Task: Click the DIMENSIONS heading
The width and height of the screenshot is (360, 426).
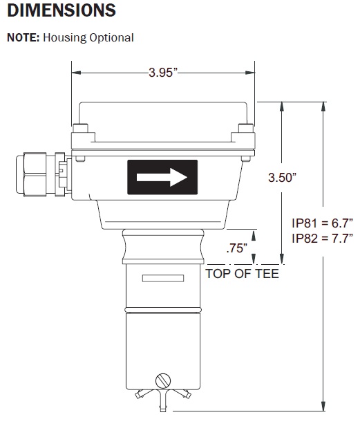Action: click(61, 10)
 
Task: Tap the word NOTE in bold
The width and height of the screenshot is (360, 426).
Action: click(23, 37)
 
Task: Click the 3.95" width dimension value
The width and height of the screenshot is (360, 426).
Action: click(162, 73)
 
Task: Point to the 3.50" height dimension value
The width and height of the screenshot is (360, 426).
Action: click(282, 178)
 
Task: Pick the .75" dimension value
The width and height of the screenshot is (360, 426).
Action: click(236, 248)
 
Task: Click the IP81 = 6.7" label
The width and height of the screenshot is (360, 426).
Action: click(322, 223)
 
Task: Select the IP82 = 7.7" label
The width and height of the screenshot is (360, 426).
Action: click(322, 239)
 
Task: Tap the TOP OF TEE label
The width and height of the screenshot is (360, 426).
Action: click(242, 274)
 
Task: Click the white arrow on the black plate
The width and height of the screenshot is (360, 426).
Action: click(162, 177)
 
